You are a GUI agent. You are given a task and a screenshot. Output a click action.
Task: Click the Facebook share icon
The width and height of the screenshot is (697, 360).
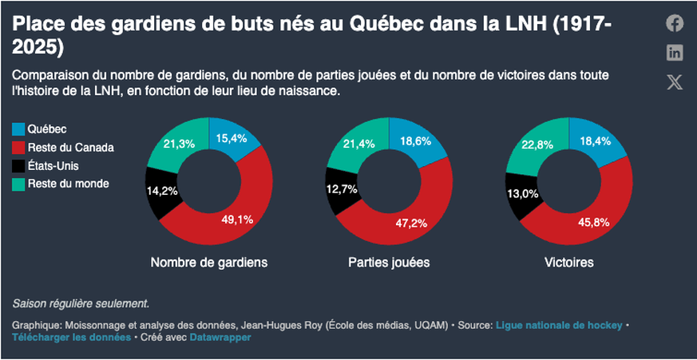pyautogui.click(x=675, y=23)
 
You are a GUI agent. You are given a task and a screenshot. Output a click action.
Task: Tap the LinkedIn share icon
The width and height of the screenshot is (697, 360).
pyautogui.click(x=675, y=53)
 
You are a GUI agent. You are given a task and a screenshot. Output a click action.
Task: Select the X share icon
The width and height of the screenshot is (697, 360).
pyautogui.click(x=675, y=81)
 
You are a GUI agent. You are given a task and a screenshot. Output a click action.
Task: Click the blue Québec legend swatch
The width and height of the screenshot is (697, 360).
pyautogui.click(x=19, y=129)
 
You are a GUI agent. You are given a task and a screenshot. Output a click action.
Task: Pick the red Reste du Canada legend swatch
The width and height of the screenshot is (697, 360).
pyautogui.click(x=19, y=147)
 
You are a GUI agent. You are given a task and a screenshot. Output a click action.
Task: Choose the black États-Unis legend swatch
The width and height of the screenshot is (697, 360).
pyautogui.click(x=19, y=165)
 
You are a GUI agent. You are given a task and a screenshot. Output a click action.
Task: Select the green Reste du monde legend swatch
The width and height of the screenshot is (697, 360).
pyautogui.click(x=19, y=184)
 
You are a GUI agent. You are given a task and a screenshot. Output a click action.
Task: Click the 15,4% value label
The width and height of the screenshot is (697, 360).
pyautogui.click(x=232, y=138)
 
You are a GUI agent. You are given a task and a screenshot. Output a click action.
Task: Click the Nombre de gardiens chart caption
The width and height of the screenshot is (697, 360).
pyautogui.click(x=208, y=262)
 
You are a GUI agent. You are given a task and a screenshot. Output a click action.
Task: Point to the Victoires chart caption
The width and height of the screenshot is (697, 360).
pyautogui.click(x=568, y=262)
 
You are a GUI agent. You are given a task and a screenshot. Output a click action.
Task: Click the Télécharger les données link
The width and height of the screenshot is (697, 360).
pyautogui.click(x=71, y=338)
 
